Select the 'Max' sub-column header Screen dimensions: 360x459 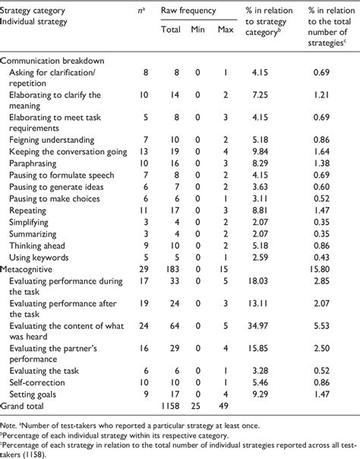(x=226, y=30)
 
